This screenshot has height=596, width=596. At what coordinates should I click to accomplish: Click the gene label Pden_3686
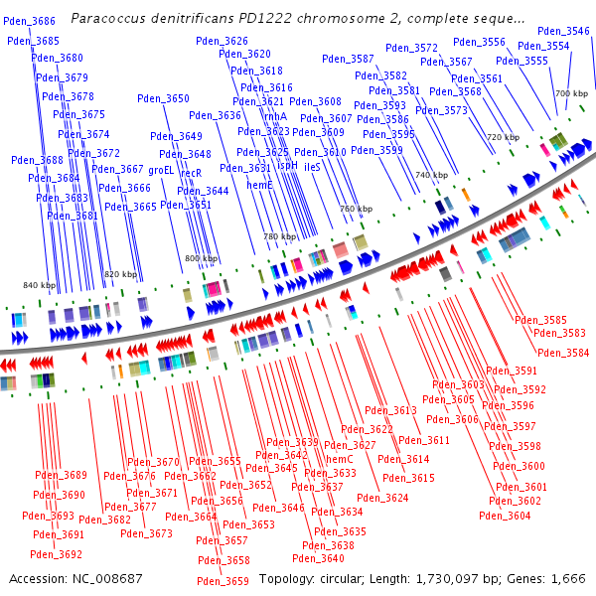pyautogui.click(x=30, y=21)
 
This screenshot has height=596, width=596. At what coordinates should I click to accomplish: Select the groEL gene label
pyautogui.click(x=161, y=170)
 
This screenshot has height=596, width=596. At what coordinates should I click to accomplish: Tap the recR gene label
pyautogui.click(x=191, y=173)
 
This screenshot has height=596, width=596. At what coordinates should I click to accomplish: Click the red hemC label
pyautogui.click(x=340, y=459)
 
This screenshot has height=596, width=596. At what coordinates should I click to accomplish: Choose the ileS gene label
pyautogui.click(x=312, y=168)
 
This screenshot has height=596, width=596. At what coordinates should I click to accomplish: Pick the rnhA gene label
pyautogui.click(x=274, y=116)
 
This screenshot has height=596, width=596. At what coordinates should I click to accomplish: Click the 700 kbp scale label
pyautogui.click(x=571, y=93)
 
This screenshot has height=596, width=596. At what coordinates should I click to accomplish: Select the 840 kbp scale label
pyautogui.click(x=40, y=285)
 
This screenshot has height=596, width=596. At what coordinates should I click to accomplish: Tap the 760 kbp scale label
pyautogui.click(x=356, y=210)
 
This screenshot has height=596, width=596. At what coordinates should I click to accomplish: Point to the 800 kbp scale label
pyautogui.click(x=201, y=258)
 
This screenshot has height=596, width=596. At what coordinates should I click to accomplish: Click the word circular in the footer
pyautogui.click(x=348, y=578)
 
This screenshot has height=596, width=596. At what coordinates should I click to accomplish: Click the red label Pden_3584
pyautogui.click(x=562, y=353)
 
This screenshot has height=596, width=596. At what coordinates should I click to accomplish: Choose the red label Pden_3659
pyautogui.click(x=223, y=581)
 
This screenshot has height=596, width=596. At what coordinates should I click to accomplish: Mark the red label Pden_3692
pyautogui.click(x=56, y=554)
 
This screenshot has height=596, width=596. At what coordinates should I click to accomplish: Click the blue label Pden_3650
pyautogui.click(x=163, y=98)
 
